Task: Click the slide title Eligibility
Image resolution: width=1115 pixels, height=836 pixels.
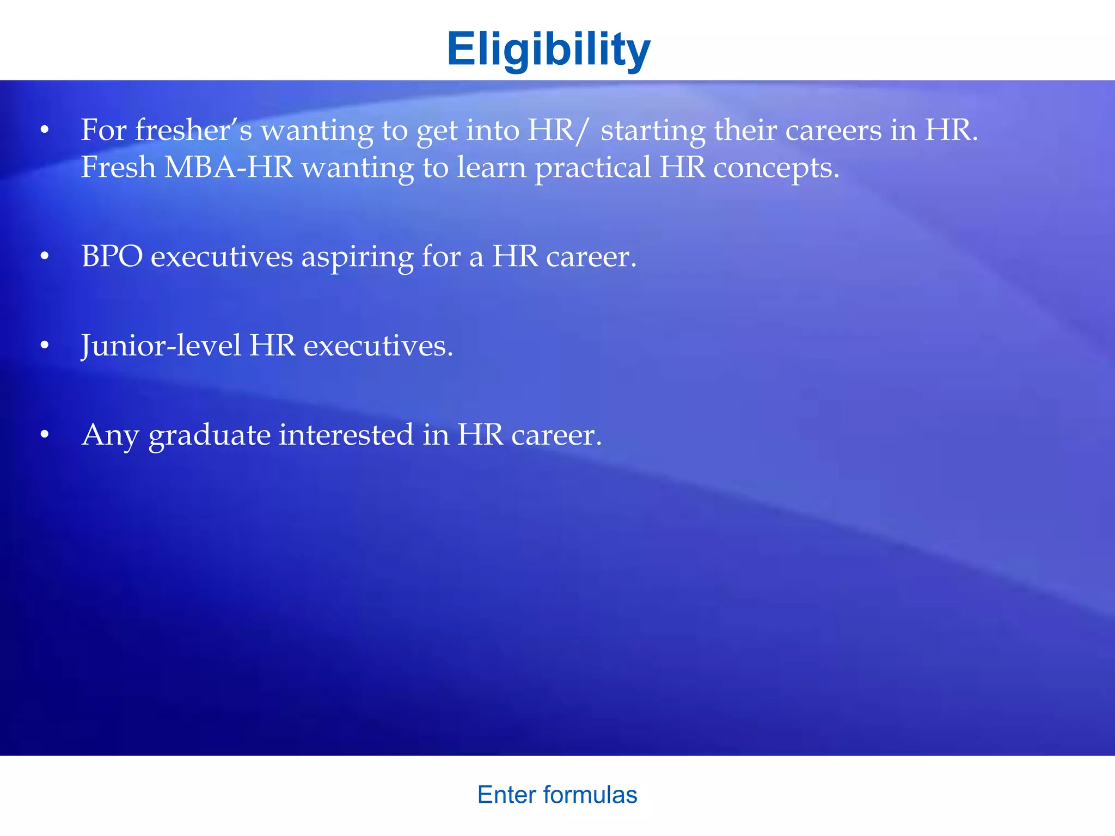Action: coord(548,49)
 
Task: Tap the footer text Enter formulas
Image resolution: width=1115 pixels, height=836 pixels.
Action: coord(557,795)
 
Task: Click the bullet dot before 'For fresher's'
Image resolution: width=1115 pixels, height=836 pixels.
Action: coord(45,131)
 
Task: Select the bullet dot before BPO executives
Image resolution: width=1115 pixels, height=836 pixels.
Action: coord(45,256)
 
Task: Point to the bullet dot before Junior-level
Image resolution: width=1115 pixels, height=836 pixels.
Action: coord(45,346)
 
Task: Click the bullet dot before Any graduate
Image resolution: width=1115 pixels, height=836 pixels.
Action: coord(45,435)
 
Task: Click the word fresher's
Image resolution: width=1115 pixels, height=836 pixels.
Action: coord(193,131)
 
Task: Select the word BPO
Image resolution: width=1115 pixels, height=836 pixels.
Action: coord(112,256)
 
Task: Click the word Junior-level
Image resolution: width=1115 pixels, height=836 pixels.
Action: coord(161,346)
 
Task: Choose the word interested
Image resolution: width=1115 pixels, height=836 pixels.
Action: coord(346,435)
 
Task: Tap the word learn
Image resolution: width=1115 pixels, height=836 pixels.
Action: coord(492,167)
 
